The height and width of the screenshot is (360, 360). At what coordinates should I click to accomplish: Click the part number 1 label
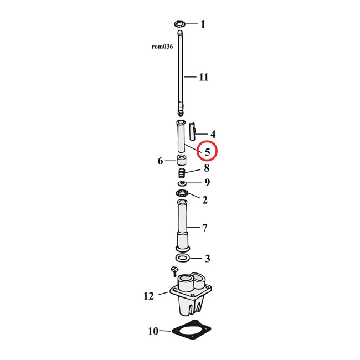pos(203,24)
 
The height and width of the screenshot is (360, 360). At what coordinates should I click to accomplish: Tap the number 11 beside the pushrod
pos(204,77)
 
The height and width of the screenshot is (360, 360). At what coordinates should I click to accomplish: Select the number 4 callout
pos(213,134)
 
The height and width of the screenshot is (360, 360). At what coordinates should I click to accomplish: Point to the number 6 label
pos(160,161)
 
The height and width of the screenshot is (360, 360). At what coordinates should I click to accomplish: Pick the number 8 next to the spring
pos(206,168)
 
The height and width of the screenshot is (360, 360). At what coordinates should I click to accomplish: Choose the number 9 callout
pos(207,182)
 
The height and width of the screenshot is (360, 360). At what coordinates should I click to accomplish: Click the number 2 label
pos(205,200)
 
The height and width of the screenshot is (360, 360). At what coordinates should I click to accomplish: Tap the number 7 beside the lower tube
pos(204,227)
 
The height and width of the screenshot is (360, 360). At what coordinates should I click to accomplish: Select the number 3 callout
pos(207,258)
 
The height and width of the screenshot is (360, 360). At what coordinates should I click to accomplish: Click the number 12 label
pos(148,296)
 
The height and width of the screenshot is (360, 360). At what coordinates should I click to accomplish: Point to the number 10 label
pos(152,332)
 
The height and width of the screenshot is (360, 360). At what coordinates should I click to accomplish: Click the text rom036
pos(162,47)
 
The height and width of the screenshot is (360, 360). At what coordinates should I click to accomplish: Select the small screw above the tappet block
pos(174,271)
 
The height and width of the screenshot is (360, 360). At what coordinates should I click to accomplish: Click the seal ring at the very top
pos(178,24)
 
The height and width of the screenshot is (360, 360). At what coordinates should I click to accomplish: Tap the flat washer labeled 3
pos(182,258)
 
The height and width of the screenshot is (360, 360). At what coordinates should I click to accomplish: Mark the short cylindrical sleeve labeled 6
pos(181,161)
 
